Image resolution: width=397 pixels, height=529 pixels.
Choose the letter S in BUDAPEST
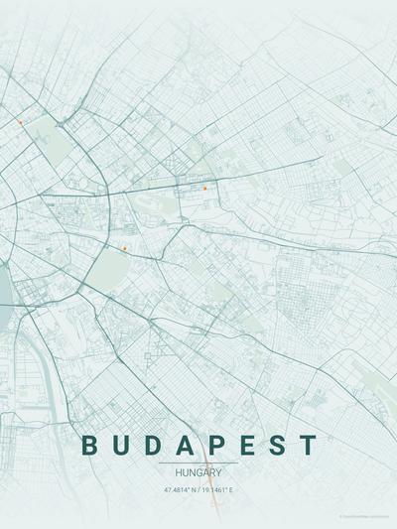279,446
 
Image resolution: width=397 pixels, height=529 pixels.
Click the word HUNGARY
198,472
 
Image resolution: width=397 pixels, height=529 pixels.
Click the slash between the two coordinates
198,489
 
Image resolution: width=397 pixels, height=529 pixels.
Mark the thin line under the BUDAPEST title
198,463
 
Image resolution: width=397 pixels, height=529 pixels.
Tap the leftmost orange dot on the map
20,122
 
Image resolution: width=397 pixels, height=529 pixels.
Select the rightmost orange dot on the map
204,188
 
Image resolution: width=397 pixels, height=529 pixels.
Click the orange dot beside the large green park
124,248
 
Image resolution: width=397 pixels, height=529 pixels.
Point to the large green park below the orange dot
109,266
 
